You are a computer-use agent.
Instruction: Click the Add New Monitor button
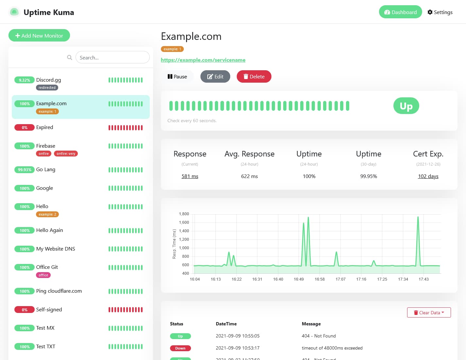click(x=39, y=36)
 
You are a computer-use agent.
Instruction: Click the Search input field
click(x=112, y=57)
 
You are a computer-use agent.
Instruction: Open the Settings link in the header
click(x=440, y=12)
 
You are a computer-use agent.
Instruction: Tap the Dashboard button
click(x=400, y=12)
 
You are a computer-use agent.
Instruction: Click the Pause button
click(x=177, y=76)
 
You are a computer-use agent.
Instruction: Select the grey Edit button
click(x=215, y=76)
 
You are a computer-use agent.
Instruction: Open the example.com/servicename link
click(x=203, y=60)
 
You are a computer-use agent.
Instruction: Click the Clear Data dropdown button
click(x=429, y=313)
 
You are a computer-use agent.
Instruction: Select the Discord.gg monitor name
click(x=48, y=80)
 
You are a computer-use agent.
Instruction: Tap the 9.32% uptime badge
click(x=25, y=80)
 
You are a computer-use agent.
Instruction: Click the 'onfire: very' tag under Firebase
click(x=66, y=154)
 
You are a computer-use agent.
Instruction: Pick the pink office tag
click(x=43, y=275)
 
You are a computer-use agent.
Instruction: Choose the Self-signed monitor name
click(x=49, y=309)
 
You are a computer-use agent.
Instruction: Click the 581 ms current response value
click(x=190, y=176)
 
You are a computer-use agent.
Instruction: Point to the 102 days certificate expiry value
click(x=428, y=176)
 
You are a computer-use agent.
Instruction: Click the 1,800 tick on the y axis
click(x=184, y=214)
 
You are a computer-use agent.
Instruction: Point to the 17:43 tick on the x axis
click(x=423, y=279)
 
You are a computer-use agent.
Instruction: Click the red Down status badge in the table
click(x=180, y=348)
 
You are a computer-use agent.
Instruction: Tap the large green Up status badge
click(x=406, y=106)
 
